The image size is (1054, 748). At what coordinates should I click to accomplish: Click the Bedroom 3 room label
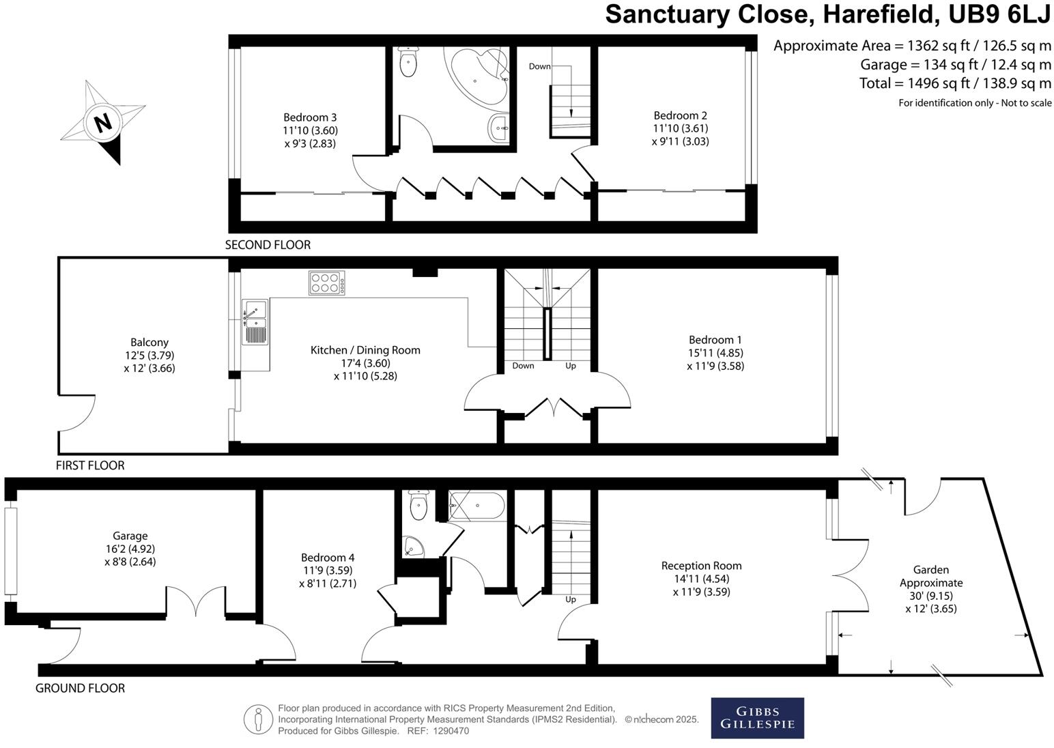pos(310,117)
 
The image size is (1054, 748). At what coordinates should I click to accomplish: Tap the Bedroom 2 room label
pos(681,115)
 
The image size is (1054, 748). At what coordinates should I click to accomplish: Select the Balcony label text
pos(149,343)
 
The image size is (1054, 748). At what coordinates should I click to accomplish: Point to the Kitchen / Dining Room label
pos(366,350)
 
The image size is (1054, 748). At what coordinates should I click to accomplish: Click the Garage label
pos(130,536)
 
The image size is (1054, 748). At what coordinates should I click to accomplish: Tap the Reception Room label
pos(702,566)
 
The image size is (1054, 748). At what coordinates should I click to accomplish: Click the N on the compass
pos(104,124)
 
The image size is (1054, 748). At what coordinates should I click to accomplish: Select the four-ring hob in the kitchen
pos(326,283)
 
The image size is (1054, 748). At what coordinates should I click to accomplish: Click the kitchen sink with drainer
pos(255,322)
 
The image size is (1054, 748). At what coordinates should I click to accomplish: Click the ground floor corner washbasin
pos(413,546)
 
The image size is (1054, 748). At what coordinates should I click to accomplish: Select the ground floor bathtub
pos(477,505)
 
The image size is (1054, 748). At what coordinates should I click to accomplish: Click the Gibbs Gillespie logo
pos(757,718)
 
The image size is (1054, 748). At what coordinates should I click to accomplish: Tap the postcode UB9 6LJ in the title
pos(999,14)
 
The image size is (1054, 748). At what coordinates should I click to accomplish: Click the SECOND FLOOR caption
pos(268,245)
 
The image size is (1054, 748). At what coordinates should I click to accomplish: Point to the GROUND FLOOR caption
pos(80,688)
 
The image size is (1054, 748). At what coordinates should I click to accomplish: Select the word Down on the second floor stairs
pos(539,66)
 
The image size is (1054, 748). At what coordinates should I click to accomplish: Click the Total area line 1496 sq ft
pos(955,83)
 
